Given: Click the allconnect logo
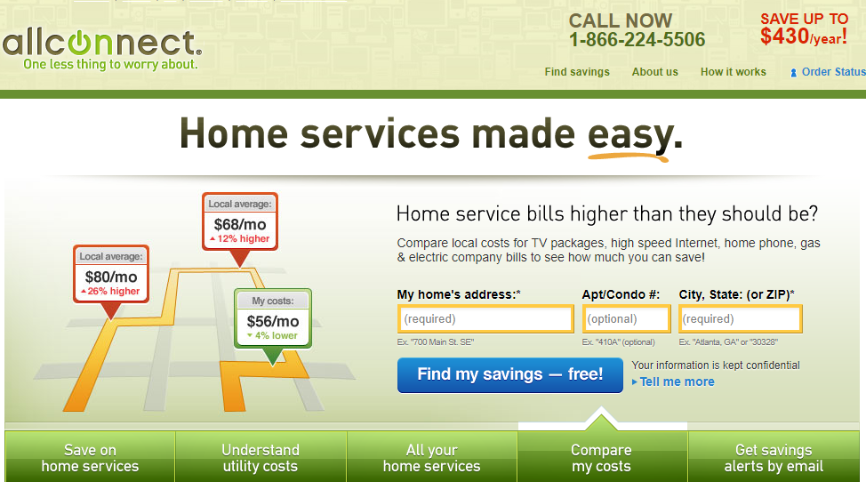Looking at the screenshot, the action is [x=102, y=49].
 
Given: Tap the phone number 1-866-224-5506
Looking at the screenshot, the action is [x=637, y=40].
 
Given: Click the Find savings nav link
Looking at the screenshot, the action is [x=577, y=72].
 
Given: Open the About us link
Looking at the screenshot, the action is [x=655, y=72].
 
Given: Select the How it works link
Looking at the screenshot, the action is [x=733, y=72].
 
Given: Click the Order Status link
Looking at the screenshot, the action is [x=828, y=72].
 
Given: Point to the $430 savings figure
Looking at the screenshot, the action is [x=785, y=36].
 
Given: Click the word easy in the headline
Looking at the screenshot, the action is [x=630, y=134].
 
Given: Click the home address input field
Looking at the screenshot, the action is [x=485, y=319].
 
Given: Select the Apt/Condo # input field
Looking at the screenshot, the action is [x=626, y=319].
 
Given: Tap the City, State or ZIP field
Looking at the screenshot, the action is [x=740, y=319].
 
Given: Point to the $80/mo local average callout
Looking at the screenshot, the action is [x=111, y=275].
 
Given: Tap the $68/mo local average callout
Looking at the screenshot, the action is [x=240, y=222].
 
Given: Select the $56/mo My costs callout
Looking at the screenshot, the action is [x=273, y=318].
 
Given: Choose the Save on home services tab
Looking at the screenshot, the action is [x=90, y=458].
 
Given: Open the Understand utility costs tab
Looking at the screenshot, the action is [x=261, y=458].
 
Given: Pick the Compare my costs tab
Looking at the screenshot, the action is [x=601, y=458].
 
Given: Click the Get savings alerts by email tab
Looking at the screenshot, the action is [x=774, y=458].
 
